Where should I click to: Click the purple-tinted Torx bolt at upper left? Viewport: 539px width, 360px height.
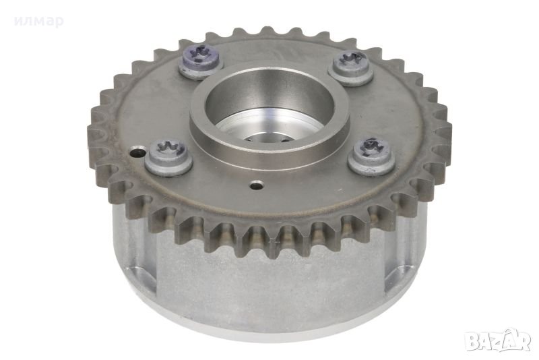(x=199, y=62)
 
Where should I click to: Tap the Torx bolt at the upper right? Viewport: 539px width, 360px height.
(x=350, y=67)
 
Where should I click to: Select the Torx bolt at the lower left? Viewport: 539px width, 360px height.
(x=168, y=156)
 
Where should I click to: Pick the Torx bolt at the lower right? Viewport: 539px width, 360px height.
(x=372, y=156)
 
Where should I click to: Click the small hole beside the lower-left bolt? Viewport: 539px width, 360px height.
(x=137, y=152)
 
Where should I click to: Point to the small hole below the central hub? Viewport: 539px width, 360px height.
(x=256, y=185)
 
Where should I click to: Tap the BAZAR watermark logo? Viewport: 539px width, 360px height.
(x=498, y=341)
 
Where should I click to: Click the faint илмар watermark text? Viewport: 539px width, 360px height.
(x=39, y=22)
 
